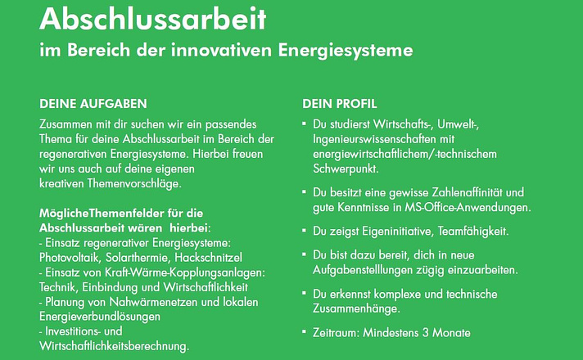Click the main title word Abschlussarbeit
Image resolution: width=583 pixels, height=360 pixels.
153,19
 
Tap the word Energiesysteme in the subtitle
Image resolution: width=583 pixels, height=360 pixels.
346,50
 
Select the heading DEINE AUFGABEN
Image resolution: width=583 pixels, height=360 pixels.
93,104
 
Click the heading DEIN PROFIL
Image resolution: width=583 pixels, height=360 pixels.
340,104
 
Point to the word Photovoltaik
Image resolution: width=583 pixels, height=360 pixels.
70,258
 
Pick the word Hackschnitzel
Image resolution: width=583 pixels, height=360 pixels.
209,258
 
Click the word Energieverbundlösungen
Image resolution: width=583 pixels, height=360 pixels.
100,317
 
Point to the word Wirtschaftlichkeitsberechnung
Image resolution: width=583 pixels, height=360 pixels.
114,346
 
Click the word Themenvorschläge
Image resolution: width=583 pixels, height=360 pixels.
134,183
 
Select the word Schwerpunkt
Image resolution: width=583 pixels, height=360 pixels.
346,169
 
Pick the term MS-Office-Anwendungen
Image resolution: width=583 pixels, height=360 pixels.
468,207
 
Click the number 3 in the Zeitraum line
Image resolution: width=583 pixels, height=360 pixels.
425,332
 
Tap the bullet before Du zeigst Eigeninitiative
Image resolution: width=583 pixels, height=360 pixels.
304,231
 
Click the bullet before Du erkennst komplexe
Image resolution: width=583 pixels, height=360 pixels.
304,293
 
